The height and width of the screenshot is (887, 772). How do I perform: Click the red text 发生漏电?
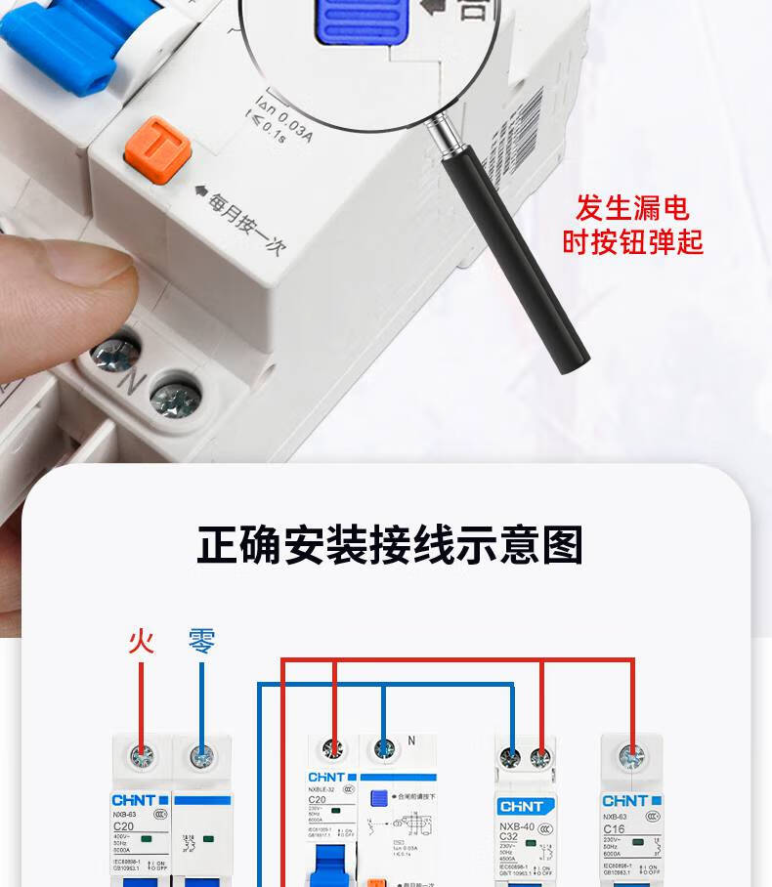pyautogui.click(x=632, y=208)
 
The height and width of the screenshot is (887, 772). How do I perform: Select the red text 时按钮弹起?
pyautogui.click(x=632, y=241)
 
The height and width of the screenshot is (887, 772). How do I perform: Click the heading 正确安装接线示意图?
pyautogui.click(x=390, y=545)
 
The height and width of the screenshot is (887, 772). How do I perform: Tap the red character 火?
pyautogui.click(x=142, y=642)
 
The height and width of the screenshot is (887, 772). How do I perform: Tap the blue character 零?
pyautogui.click(x=201, y=642)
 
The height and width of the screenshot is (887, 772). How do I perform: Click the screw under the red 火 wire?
pyautogui.click(x=143, y=755)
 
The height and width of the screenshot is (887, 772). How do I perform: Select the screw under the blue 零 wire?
pyautogui.click(x=202, y=755)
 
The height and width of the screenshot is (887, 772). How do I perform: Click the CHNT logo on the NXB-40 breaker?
pyautogui.click(x=526, y=806)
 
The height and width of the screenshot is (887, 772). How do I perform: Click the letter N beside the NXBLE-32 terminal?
pyautogui.click(x=411, y=741)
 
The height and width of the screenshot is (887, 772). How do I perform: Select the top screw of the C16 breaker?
pyautogui.click(x=632, y=754)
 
